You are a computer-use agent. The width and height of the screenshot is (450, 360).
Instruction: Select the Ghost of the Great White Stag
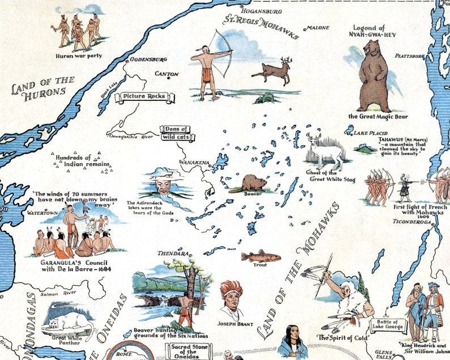[326, 150]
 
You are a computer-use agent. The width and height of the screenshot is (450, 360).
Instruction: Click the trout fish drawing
[261, 256]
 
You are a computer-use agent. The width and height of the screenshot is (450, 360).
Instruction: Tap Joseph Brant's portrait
[232, 300]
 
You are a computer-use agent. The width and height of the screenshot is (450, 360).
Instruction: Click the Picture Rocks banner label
[144, 96]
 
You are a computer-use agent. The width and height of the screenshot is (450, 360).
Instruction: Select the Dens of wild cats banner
[176, 133]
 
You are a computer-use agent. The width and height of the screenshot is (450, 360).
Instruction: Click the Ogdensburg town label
[148, 59]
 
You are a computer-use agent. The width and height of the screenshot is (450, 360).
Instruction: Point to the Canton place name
[167, 74]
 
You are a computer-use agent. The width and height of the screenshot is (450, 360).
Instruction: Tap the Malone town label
[315, 27]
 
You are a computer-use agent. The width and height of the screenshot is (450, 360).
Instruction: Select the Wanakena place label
[194, 163]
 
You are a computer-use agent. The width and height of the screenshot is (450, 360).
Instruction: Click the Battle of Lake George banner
[389, 325]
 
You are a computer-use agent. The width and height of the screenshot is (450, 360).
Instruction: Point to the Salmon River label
[59, 293]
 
